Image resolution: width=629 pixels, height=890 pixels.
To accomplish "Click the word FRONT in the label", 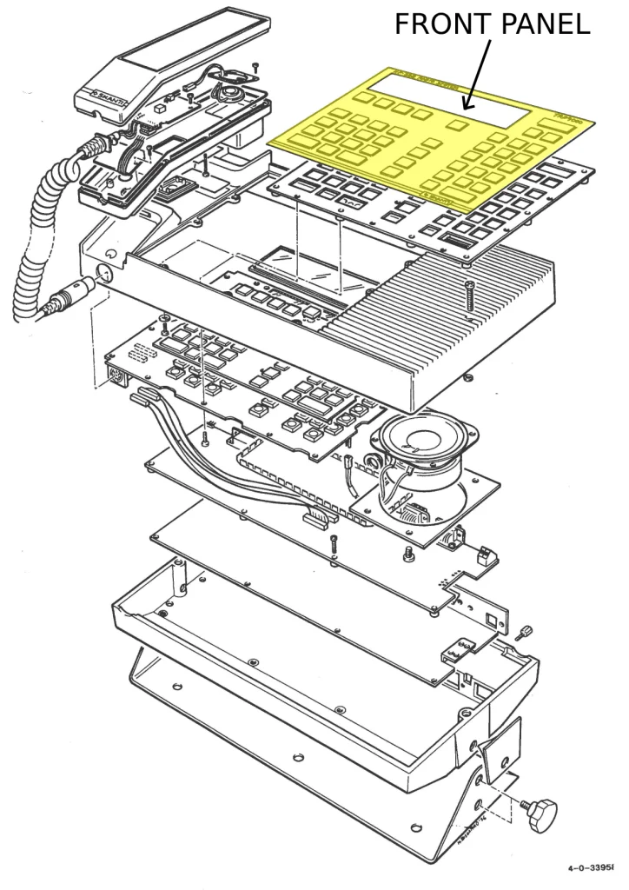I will click(x=439, y=24).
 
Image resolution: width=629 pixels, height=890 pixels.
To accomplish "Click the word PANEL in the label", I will click(x=545, y=24).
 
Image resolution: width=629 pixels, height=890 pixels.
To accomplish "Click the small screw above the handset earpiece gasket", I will click(x=254, y=65).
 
